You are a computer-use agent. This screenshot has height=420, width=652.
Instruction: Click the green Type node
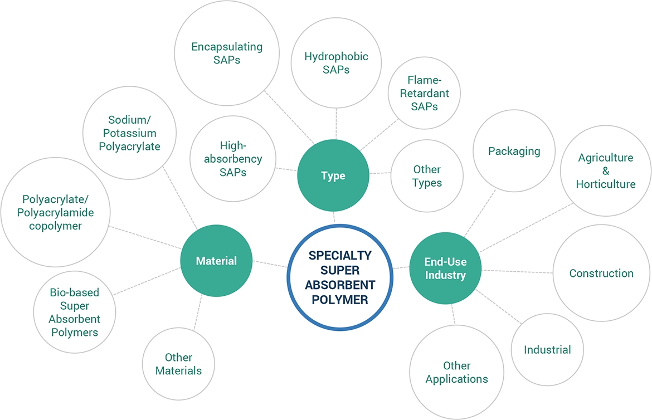click(x=333, y=176)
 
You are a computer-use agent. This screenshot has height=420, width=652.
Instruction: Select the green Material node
click(x=216, y=261)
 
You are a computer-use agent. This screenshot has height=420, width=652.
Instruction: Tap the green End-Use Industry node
click(x=445, y=268)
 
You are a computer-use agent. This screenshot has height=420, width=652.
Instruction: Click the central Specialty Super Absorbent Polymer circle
click(x=340, y=277)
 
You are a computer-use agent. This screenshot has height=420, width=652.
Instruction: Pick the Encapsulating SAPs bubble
click(x=227, y=53)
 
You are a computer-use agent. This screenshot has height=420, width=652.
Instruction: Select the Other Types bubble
click(x=427, y=176)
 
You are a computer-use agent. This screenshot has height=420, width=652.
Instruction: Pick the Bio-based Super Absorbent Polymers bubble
click(x=74, y=312)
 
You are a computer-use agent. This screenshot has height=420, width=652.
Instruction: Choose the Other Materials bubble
click(x=178, y=364)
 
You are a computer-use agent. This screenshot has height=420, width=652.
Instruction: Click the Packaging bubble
click(x=514, y=151)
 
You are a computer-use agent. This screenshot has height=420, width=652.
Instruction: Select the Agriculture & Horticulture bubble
click(x=605, y=170)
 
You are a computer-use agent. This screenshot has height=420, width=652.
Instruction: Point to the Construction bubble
click(x=601, y=274)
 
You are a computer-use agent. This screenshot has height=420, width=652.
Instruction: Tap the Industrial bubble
click(x=547, y=350)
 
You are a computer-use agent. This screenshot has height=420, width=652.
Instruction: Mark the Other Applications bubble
click(x=456, y=372)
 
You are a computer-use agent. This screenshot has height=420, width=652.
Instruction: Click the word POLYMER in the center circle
click(x=340, y=300)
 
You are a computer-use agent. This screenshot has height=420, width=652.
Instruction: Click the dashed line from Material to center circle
click(x=270, y=264)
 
